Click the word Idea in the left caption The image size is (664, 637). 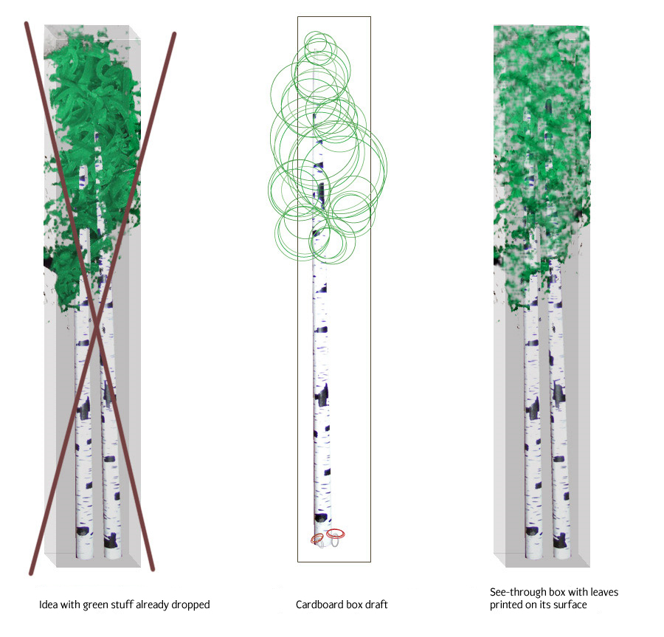click(49, 605)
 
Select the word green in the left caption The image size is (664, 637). click(93, 605)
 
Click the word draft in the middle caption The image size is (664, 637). click(376, 605)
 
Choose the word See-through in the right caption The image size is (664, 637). click(515, 593)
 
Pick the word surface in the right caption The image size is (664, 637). click(571, 605)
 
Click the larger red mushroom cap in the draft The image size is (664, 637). click(336, 534)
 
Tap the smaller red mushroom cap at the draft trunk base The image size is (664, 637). click(317, 538)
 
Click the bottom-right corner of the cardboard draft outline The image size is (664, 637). click(370, 562)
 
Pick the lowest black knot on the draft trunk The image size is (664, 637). click(321, 518)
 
